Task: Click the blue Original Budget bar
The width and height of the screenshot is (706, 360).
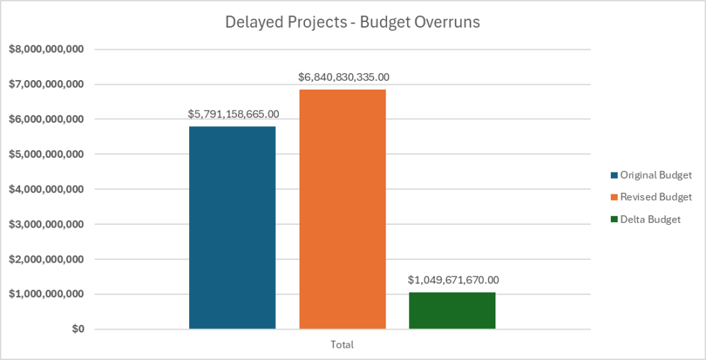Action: click(232, 228)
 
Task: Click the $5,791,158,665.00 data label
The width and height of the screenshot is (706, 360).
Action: click(233, 114)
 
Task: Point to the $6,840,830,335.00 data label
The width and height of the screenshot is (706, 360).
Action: click(344, 77)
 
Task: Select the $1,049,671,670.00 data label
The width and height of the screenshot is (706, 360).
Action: click(453, 280)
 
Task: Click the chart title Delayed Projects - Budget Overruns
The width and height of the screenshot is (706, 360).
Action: click(353, 22)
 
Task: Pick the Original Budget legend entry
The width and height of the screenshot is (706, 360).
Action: click(655, 174)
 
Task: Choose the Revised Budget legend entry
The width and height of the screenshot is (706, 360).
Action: click(655, 197)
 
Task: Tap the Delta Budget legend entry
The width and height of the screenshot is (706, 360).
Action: click(649, 219)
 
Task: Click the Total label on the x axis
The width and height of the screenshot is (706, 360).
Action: click(342, 343)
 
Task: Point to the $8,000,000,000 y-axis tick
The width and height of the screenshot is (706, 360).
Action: click(46, 50)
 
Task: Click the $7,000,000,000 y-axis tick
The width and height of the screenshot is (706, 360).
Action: click(46, 85)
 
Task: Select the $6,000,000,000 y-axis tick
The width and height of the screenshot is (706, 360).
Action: click(46, 119)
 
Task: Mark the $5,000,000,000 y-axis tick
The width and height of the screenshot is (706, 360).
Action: click(46, 154)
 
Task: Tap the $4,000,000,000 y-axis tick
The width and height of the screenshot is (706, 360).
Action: click(46, 190)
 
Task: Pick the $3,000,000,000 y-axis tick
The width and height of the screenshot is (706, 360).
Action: click(46, 225)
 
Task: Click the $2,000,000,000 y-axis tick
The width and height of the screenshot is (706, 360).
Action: click(46, 260)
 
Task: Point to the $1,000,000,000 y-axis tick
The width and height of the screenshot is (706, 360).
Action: click(46, 294)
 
